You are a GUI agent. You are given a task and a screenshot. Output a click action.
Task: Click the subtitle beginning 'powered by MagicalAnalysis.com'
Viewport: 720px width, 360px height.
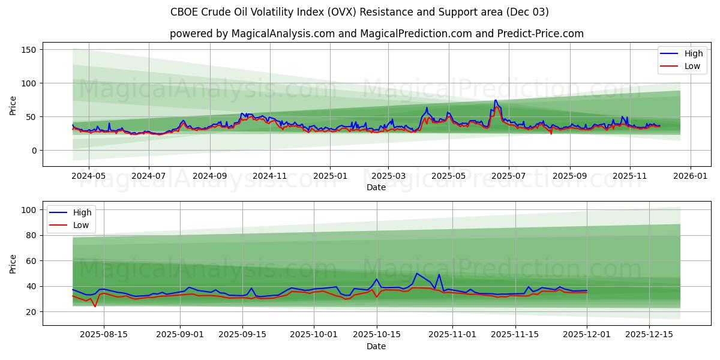click(x=376, y=34)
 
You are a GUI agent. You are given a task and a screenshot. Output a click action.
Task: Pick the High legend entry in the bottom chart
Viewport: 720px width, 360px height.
click(x=82, y=212)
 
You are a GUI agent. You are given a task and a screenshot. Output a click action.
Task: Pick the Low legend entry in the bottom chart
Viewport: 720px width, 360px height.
click(x=81, y=224)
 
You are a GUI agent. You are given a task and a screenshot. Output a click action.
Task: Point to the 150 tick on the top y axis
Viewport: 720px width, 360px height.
click(x=29, y=49)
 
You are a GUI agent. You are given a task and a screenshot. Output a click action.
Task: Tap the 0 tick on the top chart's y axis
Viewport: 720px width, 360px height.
click(x=34, y=151)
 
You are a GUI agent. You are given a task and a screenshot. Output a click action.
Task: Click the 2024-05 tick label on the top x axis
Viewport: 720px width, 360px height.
click(x=88, y=177)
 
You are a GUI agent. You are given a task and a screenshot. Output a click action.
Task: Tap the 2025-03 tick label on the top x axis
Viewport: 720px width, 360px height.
click(x=388, y=177)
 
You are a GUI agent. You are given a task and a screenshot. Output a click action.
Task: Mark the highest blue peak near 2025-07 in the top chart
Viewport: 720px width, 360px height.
click(x=496, y=100)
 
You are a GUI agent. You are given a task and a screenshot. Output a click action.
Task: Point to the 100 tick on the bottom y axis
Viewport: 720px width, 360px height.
click(x=29, y=210)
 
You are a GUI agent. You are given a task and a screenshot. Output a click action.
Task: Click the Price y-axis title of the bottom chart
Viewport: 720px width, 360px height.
click(x=13, y=263)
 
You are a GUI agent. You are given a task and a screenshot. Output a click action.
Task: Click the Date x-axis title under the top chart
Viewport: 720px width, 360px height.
click(x=376, y=188)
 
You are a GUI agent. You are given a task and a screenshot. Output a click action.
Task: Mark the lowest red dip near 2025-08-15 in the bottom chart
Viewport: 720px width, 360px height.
click(x=95, y=307)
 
